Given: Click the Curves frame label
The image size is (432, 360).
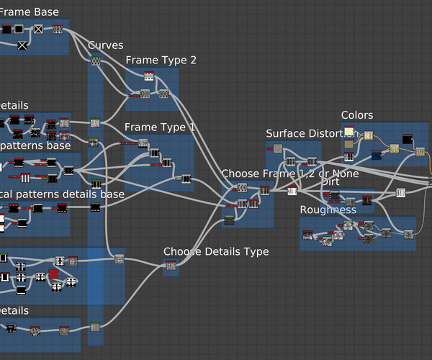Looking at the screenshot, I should point(106,46).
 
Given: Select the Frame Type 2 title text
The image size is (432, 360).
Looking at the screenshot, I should point(161,60).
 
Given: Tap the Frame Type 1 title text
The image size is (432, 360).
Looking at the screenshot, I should point(160,127).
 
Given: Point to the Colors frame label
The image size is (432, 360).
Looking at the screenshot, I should point(357,116).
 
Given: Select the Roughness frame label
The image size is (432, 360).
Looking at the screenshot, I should point(328,210).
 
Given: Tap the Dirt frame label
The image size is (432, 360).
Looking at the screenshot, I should point(330,181).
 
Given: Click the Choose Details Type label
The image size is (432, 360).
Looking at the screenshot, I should point(216,251).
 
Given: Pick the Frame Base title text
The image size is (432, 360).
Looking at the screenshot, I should point(32,12).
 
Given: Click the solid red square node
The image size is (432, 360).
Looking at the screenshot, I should point(53,274).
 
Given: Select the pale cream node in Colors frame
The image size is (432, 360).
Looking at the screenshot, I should point(349,132).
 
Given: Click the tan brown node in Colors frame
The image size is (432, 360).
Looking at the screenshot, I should point(349,145).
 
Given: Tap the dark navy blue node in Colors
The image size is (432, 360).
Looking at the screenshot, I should point(376,154).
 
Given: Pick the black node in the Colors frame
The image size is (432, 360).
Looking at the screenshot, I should point(406,138).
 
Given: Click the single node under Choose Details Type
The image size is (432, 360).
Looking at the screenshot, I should point(171,266).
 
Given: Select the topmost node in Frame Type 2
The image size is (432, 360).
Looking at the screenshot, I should point(148,76).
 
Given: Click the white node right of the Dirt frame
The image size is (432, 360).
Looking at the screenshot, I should point(401,192).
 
